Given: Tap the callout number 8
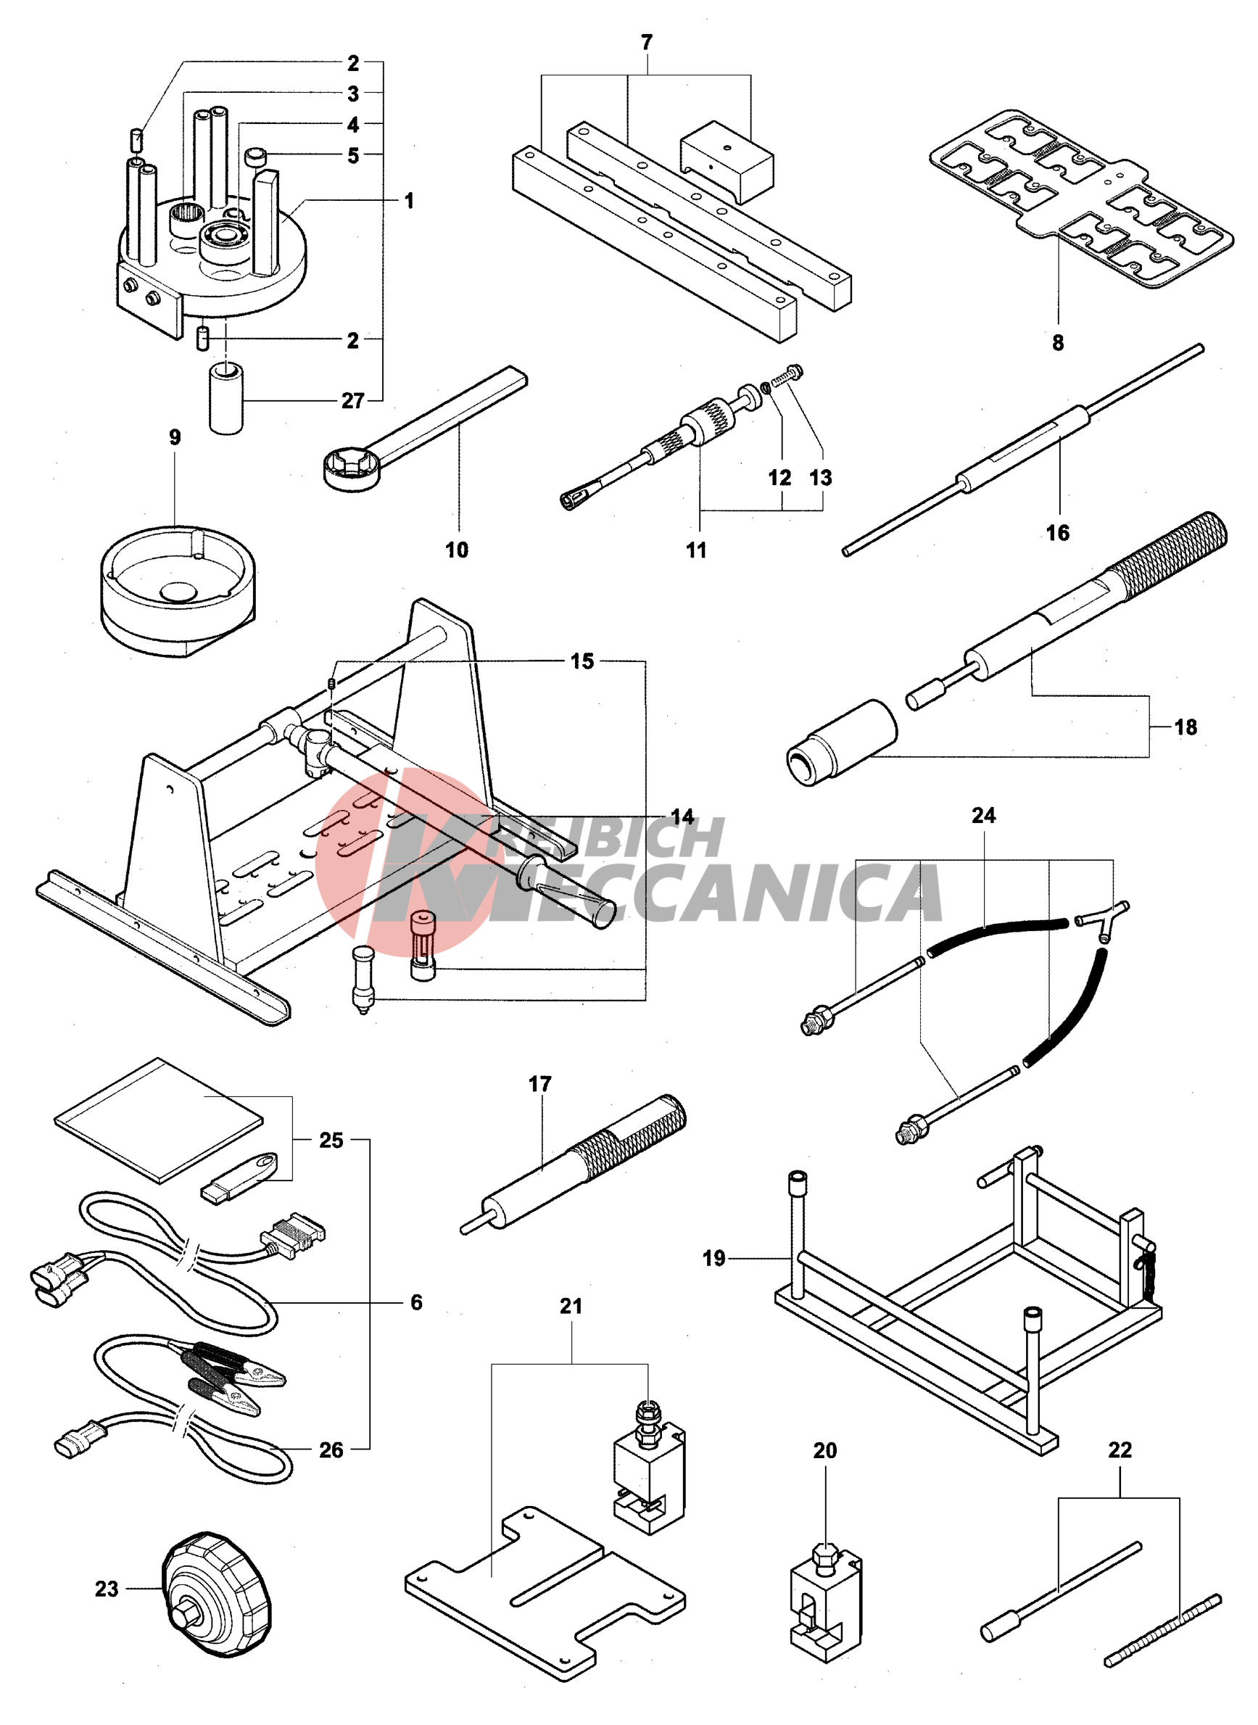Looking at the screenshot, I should pos(1058,343).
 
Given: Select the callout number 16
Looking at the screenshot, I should pos(1058,532).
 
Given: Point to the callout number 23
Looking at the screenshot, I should pos(107,1589).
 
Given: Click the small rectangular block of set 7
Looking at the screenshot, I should pos(727,162).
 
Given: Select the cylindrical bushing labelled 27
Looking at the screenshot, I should pos(226,399).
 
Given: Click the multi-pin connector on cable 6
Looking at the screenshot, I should pos(293,1235).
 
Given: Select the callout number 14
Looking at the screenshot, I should pos(682,817).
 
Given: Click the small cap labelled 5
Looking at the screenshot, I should pos(255,157).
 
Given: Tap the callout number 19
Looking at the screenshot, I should pos(714,1258).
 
